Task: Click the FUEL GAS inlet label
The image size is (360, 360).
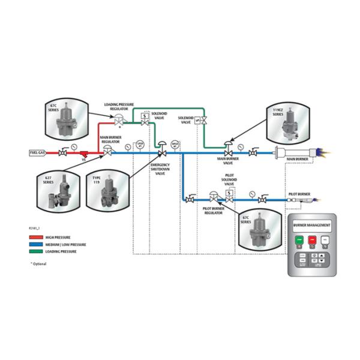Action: [x=38, y=153]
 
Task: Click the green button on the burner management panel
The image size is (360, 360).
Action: [x=300, y=241]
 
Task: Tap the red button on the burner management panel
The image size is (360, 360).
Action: [x=312, y=241]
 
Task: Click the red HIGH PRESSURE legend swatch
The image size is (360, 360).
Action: [x=36, y=238]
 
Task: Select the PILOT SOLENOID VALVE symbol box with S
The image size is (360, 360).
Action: [x=229, y=194]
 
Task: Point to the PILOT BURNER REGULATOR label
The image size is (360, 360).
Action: [x=214, y=210]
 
